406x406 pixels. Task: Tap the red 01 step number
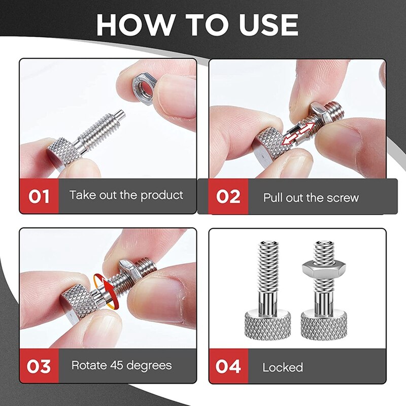click(39, 196)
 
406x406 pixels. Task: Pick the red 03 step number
click(39, 366)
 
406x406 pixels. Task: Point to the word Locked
click(283, 367)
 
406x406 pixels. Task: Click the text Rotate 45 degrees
click(121, 365)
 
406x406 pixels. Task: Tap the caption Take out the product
click(126, 195)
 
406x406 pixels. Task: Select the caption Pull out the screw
click(311, 197)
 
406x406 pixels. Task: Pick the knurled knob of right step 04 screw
click(324, 325)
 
